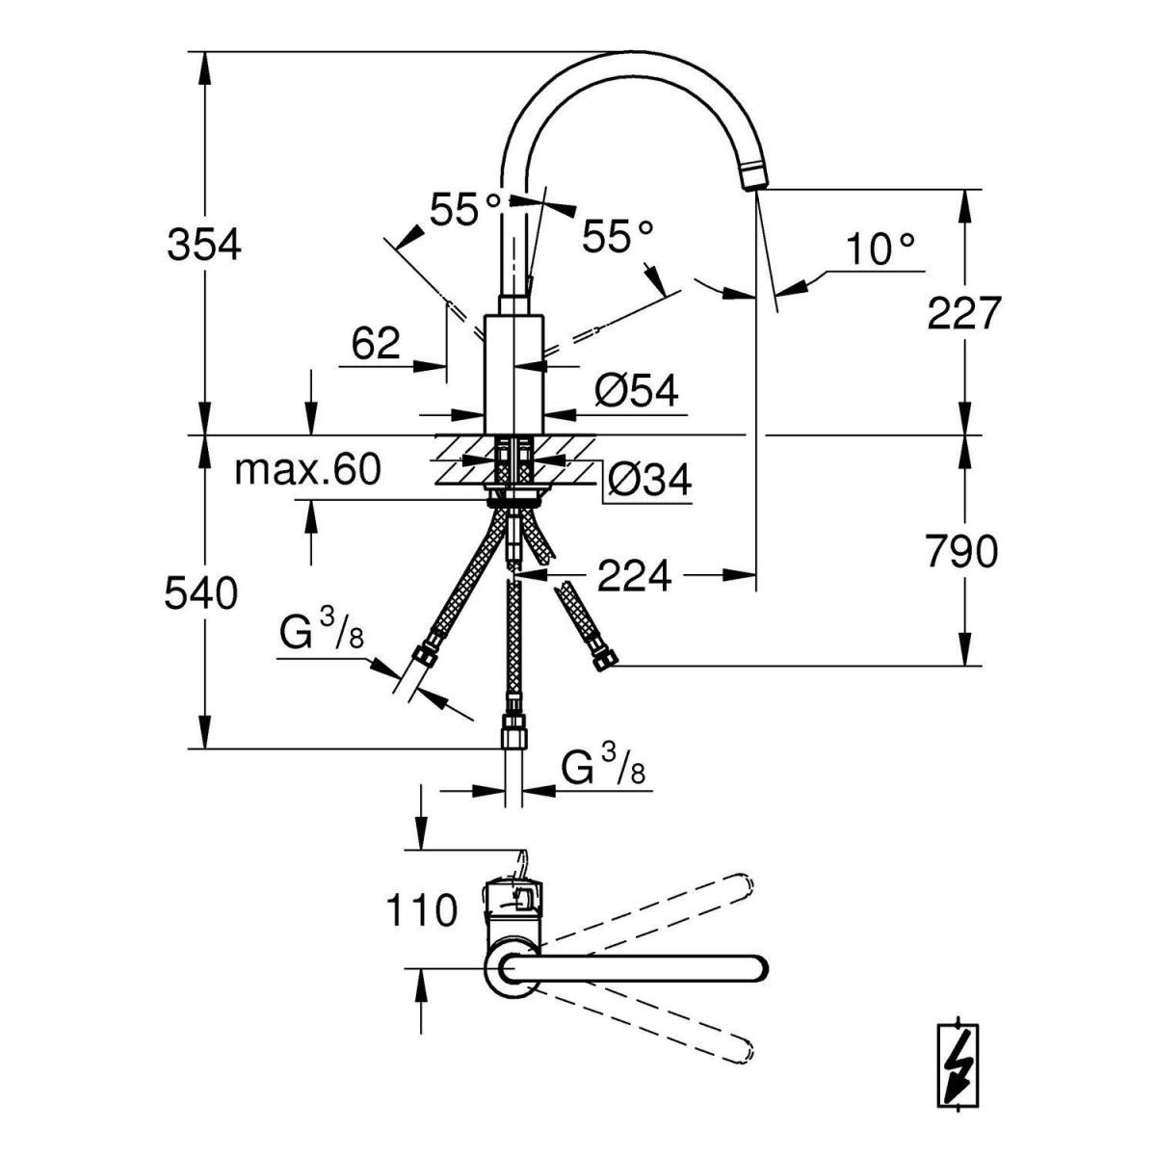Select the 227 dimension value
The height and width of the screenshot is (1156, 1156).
pos(964,313)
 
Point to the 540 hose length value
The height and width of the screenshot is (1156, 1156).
pos(200,594)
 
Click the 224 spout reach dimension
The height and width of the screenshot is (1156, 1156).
pos(634,576)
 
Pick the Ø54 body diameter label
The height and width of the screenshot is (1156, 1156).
pos(637,391)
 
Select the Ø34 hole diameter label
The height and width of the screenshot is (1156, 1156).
pos(649,479)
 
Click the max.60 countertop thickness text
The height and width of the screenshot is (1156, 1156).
pos(308,470)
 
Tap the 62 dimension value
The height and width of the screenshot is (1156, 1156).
pos(376,343)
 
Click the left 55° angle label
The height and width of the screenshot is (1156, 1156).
pos(466,209)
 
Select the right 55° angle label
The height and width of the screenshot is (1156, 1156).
pos(617,235)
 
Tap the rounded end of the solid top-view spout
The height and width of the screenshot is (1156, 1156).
pos(757,969)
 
